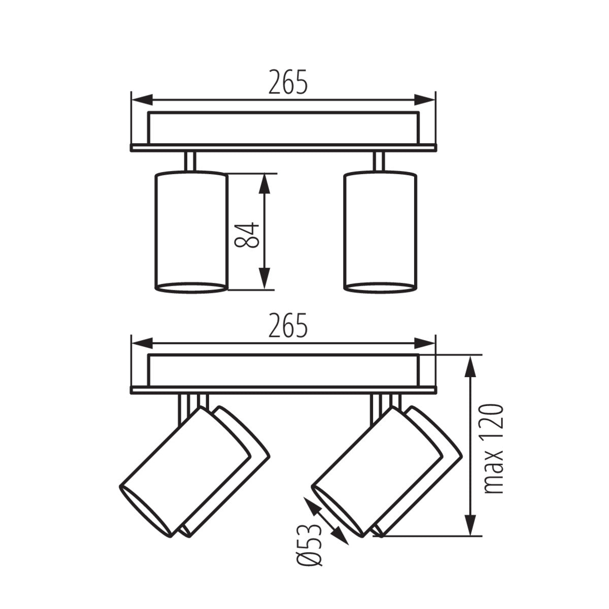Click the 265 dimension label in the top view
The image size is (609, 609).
point(288,82)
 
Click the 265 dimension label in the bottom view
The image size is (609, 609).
point(288,326)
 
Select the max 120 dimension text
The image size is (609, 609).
point(493,449)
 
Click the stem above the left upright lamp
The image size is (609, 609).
point(191,162)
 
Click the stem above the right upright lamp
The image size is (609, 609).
point(379,162)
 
